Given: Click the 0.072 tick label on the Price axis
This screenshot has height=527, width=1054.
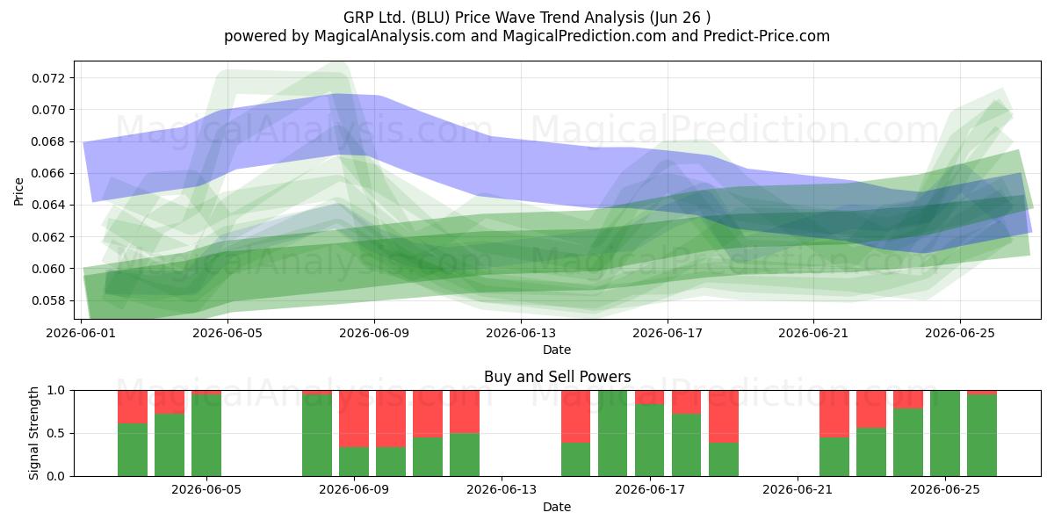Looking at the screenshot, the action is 49,78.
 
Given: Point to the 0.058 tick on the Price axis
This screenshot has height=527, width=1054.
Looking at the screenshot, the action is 49,300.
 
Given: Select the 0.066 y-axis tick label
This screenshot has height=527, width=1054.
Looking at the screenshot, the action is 49,174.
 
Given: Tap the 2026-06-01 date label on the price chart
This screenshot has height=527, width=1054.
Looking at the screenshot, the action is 81,333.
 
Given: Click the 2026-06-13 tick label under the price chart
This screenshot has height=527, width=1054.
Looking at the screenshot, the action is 521,333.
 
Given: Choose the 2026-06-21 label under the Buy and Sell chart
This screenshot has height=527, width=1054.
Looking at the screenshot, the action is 798,489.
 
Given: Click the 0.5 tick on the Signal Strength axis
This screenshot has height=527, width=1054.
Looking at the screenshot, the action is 56,433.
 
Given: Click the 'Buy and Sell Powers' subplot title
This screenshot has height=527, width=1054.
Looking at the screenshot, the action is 558,377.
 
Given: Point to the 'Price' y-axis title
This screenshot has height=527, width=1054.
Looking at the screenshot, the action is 18,191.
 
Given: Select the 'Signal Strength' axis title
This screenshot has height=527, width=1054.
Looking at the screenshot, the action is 33,433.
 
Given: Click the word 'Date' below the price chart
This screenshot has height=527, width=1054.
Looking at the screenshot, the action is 557,350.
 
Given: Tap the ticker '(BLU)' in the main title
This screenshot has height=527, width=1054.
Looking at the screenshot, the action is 430,18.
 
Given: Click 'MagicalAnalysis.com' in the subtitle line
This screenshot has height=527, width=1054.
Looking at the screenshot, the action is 390,36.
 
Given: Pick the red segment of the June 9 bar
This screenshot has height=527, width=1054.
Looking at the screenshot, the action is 354,419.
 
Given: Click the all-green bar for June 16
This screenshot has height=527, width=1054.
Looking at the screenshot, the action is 613,433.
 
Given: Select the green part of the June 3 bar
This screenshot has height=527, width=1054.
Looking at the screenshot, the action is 170,445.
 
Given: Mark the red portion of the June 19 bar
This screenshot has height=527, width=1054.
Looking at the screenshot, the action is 724,416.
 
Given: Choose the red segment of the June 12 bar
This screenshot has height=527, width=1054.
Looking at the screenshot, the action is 465,412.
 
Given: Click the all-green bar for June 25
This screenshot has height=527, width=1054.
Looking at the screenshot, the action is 945,433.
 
